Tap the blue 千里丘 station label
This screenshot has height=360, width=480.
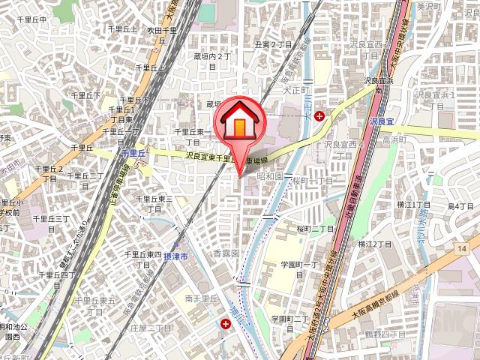coord(131,152)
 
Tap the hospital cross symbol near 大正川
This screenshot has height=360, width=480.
coord(320,116)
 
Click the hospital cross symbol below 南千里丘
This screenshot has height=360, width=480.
coord(226,324)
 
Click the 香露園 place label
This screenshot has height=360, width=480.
coord(225,253)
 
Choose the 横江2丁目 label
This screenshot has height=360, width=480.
coord(374,244)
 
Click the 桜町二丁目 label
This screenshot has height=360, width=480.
coord(316,229)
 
